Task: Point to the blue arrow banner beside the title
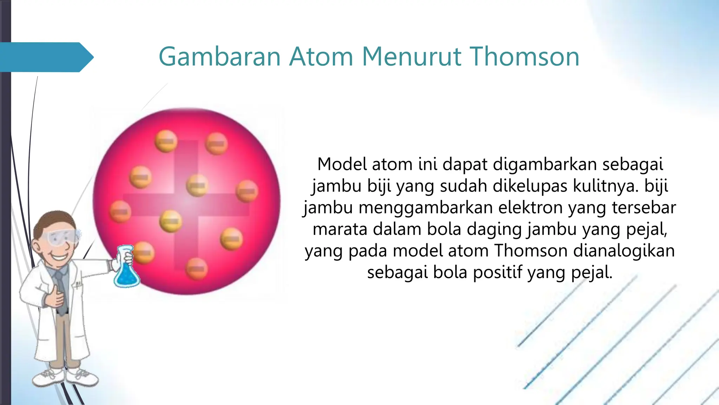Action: (x=46, y=57)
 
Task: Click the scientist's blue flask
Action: (x=126, y=269)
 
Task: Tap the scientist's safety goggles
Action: (x=63, y=237)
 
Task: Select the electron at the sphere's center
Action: (x=197, y=185)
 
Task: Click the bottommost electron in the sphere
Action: (x=197, y=269)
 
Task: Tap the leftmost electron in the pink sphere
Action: (x=120, y=212)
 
